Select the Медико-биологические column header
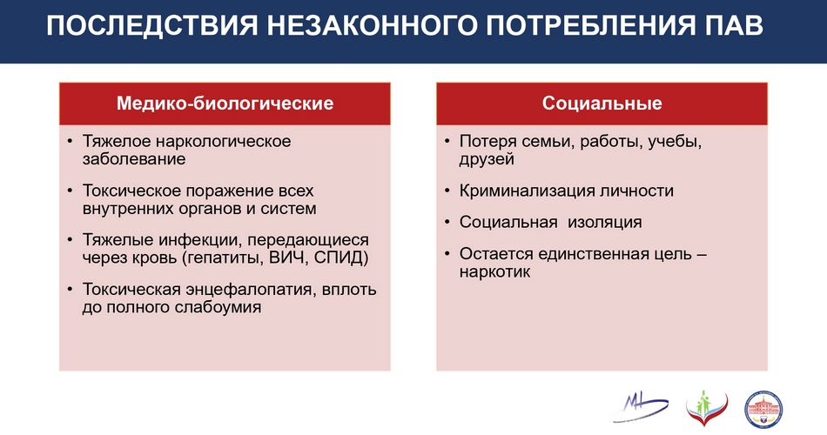[225, 103]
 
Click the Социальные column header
[602, 103]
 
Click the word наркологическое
[224, 141]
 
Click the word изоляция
[605, 222]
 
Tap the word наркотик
[494, 272]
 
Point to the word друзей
[487, 159]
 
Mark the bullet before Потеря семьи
[447, 141]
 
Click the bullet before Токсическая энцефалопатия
[71, 289]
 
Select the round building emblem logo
[763, 410]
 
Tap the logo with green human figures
[707, 409]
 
